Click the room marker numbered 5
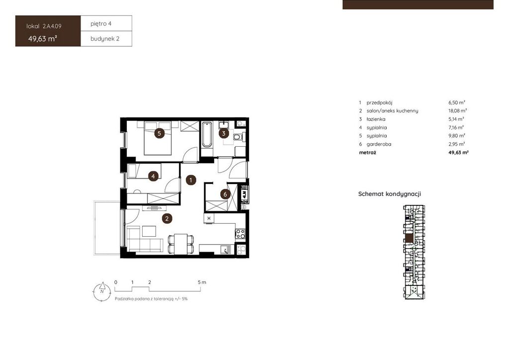(x=159, y=133)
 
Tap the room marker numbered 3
(x=224, y=133)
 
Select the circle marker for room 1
(x=191, y=180)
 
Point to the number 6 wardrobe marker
(x=225, y=194)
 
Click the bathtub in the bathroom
(x=206, y=135)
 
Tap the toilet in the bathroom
(x=238, y=137)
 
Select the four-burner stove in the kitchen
(x=240, y=233)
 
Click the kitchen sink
(x=226, y=250)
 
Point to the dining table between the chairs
(x=181, y=244)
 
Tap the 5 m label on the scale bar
(x=202, y=282)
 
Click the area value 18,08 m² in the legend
(x=458, y=111)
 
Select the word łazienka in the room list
(x=376, y=119)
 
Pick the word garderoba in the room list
(x=379, y=144)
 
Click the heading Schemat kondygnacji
(x=390, y=194)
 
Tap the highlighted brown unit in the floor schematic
(x=410, y=238)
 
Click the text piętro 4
(x=101, y=23)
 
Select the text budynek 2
(x=105, y=39)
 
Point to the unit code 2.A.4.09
(x=52, y=26)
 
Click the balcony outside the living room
(x=107, y=228)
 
